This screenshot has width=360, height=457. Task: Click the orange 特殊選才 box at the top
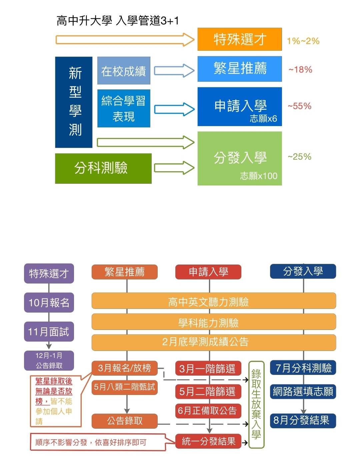239,39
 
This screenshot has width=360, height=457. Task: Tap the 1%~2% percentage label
303,41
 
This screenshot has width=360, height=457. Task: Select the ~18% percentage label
300,70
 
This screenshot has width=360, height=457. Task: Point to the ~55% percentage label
299,106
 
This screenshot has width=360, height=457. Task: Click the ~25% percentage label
299,157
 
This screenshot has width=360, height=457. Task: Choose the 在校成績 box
124,71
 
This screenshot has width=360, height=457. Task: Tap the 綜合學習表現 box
124,108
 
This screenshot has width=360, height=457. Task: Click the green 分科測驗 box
103,168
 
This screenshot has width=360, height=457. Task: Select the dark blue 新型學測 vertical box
74,102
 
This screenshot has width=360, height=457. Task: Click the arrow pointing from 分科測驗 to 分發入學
174,168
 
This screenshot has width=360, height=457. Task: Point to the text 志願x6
263,119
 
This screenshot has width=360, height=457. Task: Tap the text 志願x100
259,176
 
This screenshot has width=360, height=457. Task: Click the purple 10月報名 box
49,303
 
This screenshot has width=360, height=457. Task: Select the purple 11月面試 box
49,332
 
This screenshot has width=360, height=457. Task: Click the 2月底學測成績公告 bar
213,342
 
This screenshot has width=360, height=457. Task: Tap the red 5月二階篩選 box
208,391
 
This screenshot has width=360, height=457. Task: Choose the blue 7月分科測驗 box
303,368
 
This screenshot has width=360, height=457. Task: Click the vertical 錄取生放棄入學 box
256,404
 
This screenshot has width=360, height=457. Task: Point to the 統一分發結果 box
208,441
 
